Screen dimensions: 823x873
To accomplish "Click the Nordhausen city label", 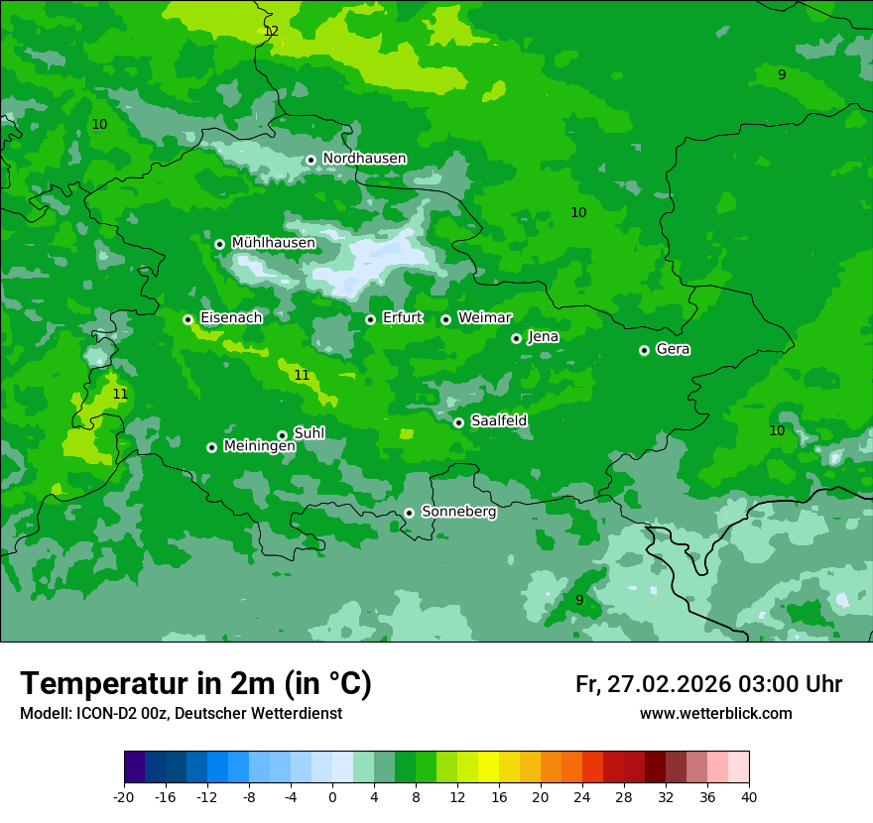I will pos(364,159).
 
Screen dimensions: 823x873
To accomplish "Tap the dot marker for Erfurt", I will pos(370,319).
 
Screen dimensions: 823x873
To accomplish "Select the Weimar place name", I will pos(484,318).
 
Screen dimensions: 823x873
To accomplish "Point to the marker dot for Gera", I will pos(644,350).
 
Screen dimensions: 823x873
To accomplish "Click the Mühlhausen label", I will pos(273,243).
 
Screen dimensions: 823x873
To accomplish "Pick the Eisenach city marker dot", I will pos(187,319).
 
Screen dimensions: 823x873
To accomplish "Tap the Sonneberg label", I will pos(458,512).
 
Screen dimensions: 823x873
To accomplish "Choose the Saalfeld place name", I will pos(498,421).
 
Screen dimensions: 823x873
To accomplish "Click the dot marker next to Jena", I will pos(516,338).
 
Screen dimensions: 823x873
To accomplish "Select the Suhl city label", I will pos(309,433).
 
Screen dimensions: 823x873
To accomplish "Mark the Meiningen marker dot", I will pos(211,447).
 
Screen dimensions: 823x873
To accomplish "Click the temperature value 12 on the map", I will pos(271,32).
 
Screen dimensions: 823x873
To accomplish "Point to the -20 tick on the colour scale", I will pos(124,797).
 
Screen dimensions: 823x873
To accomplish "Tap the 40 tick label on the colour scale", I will pos(748,797).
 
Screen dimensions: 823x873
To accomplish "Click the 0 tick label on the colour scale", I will pos(332,797).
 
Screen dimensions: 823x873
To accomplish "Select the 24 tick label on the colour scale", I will pos(582,797).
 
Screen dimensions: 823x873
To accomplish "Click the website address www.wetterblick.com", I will pos(715,714).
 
